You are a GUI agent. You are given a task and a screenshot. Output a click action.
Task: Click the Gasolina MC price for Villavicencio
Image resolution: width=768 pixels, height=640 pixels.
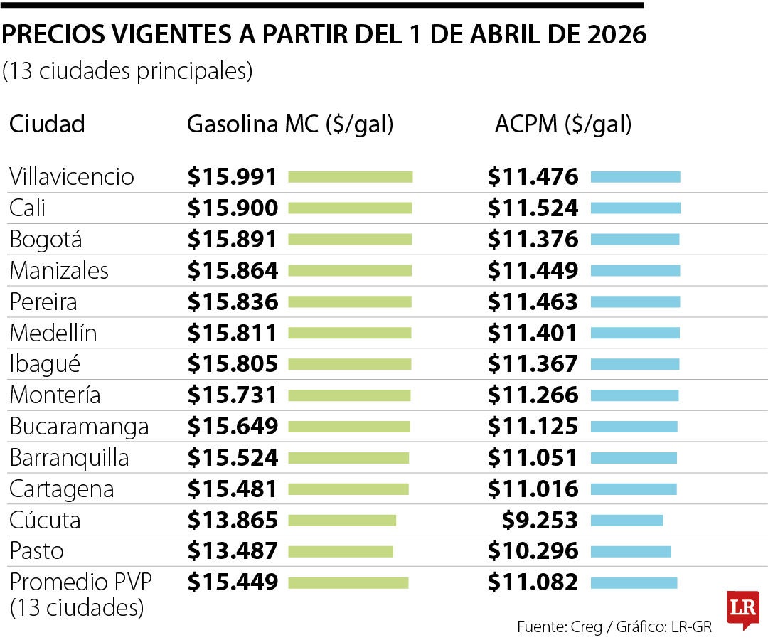click(233, 177)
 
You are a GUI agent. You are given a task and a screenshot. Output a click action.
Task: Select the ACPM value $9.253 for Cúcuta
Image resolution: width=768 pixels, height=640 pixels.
click(540, 521)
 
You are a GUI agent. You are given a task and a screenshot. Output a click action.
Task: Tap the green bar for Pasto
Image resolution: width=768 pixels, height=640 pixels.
click(341, 551)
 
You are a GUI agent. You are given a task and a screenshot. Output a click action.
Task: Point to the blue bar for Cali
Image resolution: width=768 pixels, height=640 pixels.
click(635, 208)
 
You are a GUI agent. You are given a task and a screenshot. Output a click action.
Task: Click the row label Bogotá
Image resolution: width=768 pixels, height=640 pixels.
click(46, 240)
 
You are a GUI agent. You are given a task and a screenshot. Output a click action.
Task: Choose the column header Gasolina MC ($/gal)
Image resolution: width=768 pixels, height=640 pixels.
click(289, 124)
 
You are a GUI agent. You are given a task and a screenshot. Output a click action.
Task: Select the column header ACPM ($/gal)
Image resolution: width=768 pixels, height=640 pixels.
click(562, 124)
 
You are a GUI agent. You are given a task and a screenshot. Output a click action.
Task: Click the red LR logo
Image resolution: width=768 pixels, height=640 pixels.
click(742, 609)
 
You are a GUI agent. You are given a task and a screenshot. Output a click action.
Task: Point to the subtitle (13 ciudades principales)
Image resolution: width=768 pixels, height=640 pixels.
click(127, 72)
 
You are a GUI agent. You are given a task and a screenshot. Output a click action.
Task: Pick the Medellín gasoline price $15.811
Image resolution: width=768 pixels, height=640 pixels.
click(233, 333)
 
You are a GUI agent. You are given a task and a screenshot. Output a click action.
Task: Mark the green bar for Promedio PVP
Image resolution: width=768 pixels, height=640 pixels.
click(348, 583)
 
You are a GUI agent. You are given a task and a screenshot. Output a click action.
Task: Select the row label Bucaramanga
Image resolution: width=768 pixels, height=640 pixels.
click(79, 427)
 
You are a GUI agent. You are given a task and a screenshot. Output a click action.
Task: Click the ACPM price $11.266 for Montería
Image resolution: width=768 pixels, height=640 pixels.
click(533, 395)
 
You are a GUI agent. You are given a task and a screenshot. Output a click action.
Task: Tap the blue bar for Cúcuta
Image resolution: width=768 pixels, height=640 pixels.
click(626, 521)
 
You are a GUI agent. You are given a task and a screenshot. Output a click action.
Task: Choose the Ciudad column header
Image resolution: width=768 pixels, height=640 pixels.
click(47, 124)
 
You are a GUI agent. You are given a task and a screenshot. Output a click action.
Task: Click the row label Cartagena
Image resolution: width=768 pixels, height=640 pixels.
click(61, 489)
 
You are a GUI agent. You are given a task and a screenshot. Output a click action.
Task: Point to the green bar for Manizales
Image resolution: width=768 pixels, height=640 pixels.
click(350, 271)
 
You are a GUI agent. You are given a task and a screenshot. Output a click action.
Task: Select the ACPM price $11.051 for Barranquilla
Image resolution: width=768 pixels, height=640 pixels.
click(533, 458)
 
